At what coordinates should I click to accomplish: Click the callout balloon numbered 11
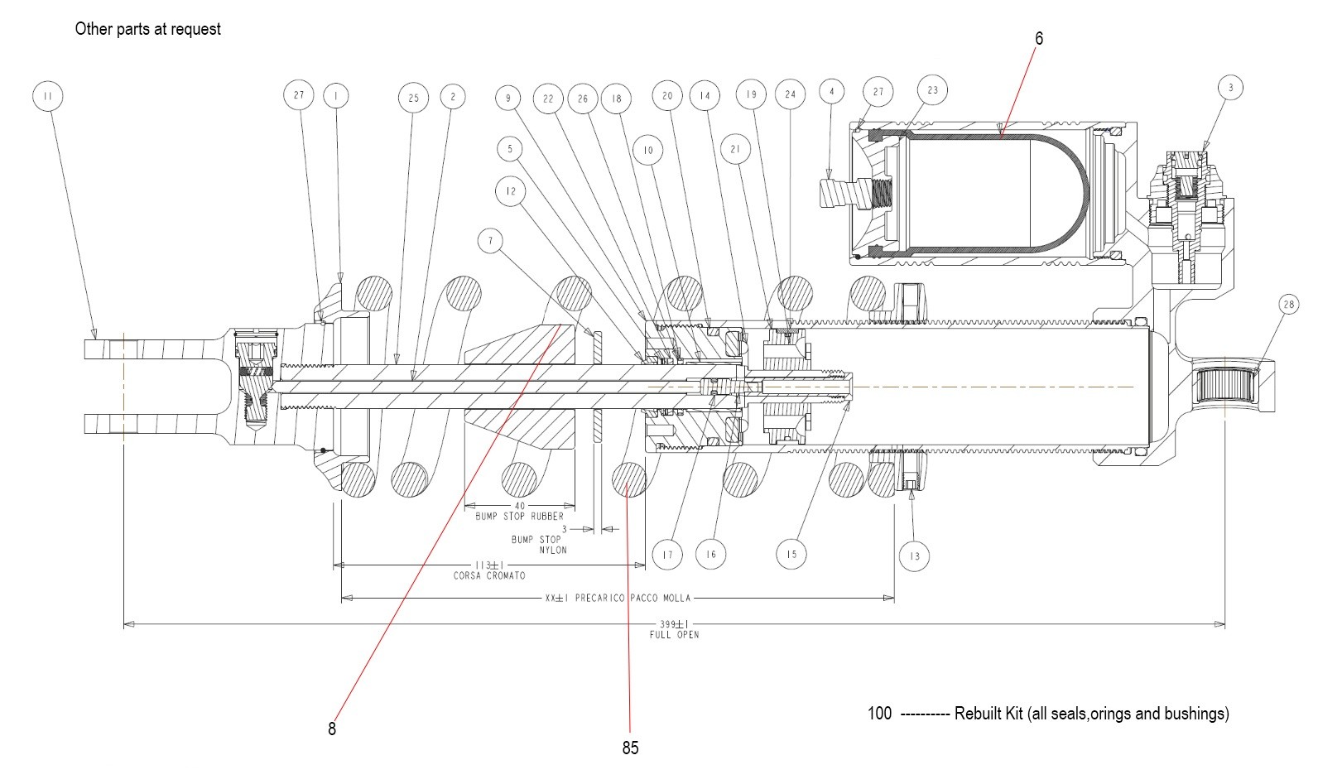tap(47, 97)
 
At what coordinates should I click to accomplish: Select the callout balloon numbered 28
tap(1288, 305)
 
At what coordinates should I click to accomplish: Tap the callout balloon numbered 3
tap(1230, 88)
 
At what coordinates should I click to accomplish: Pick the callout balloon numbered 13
tap(914, 556)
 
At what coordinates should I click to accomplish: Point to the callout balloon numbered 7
tap(491, 241)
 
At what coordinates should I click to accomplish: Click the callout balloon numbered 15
tap(791, 554)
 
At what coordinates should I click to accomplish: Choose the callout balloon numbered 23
tap(932, 90)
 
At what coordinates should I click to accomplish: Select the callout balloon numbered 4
tap(831, 93)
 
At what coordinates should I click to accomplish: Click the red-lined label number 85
tap(630, 748)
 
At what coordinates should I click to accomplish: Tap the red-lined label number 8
tap(332, 729)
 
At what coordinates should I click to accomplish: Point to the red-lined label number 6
tap(1039, 39)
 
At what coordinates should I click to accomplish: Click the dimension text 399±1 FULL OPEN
tap(674, 629)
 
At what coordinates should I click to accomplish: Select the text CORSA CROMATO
tap(489, 575)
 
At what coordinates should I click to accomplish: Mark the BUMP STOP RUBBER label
tap(519, 516)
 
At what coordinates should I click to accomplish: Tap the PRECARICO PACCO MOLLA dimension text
tap(618, 598)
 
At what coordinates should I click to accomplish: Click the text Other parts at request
tap(147, 29)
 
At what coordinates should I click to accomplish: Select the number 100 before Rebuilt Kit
tap(879, 713)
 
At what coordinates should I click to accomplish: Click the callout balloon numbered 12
tap(510, 191)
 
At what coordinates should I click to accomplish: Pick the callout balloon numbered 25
tap(413, 98)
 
